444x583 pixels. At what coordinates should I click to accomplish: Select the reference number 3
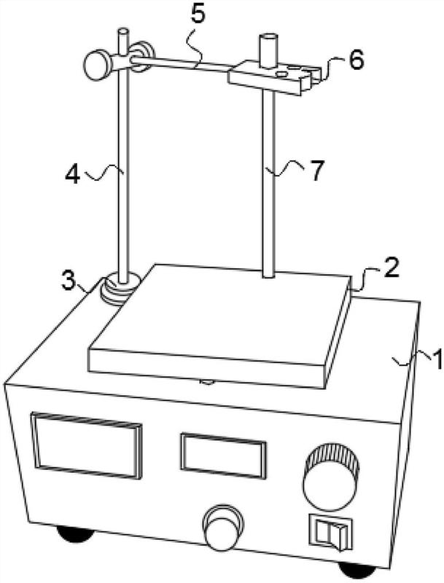[69, 281]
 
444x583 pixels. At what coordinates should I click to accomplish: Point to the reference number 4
[73, 174]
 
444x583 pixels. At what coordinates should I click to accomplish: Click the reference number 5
[198, 14]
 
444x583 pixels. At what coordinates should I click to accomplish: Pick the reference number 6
[356, 60]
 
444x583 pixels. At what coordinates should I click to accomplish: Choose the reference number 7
[317, 171]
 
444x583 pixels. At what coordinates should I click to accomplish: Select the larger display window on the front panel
[87, 445]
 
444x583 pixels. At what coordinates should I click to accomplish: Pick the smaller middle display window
[224, 455]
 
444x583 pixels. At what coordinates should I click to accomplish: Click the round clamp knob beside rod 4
[98, 65]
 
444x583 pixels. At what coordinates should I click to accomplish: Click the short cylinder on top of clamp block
[268, 51]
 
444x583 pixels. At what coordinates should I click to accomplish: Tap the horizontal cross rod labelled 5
[180, 63]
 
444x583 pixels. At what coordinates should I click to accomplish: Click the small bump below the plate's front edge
[207, 382]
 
